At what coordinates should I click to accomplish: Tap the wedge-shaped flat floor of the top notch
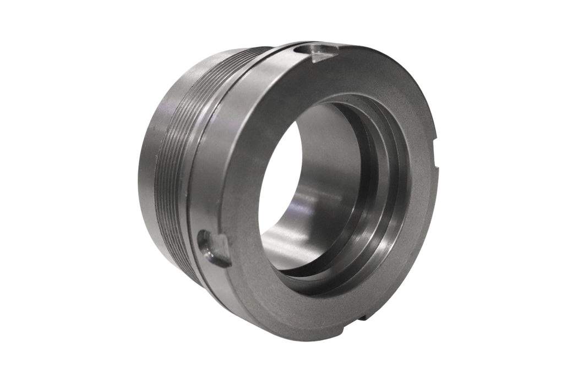[x=323, y=54]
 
